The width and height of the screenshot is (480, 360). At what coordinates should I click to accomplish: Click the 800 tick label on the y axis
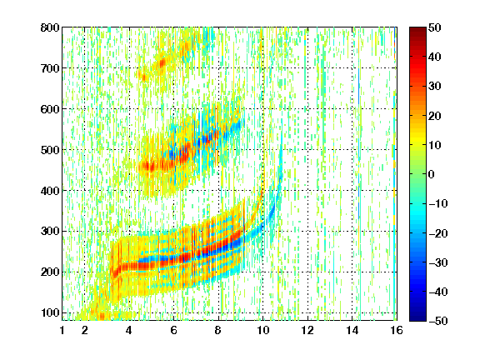[x=50, y=27]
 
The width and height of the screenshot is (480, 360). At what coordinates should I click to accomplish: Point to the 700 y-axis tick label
[x=50, y=68]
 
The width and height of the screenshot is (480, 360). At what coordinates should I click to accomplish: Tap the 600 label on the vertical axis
[x=50, y=109]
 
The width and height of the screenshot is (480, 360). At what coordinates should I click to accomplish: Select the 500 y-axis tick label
[x=50, y=150]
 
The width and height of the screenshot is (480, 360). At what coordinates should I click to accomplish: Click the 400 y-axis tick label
[x=50, y=191]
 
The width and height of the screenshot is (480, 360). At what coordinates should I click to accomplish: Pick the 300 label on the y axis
[x=50, y=231]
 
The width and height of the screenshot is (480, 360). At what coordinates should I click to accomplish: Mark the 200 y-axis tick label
[x=50, y=272]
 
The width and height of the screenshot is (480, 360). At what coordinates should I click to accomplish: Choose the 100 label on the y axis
[x=50, y=312]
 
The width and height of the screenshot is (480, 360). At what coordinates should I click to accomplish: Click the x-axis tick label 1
[x=62, y=330]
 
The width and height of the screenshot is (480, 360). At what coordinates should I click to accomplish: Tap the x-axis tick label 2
[x=84, y=330]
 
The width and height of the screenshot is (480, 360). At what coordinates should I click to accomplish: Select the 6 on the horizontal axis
[x=173, y=330]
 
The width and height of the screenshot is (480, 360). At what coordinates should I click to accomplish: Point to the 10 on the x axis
[x=262, y=330]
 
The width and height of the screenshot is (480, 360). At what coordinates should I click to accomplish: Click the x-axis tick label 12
[x=307, y=330]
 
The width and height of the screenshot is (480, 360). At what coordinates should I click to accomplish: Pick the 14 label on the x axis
[x=352, y=330]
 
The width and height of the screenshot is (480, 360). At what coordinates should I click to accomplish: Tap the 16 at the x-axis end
[x=397, y=330]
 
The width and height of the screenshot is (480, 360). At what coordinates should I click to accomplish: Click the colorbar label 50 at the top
[x=434, y=27]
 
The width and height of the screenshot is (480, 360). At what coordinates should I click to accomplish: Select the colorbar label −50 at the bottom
[x=438, y=321]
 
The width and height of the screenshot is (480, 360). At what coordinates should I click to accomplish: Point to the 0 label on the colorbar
[x=432, y=174]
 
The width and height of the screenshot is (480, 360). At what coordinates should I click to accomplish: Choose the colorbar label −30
[x=438, y=262]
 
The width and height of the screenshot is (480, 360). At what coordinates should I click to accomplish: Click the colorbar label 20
[x=434, y=116]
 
